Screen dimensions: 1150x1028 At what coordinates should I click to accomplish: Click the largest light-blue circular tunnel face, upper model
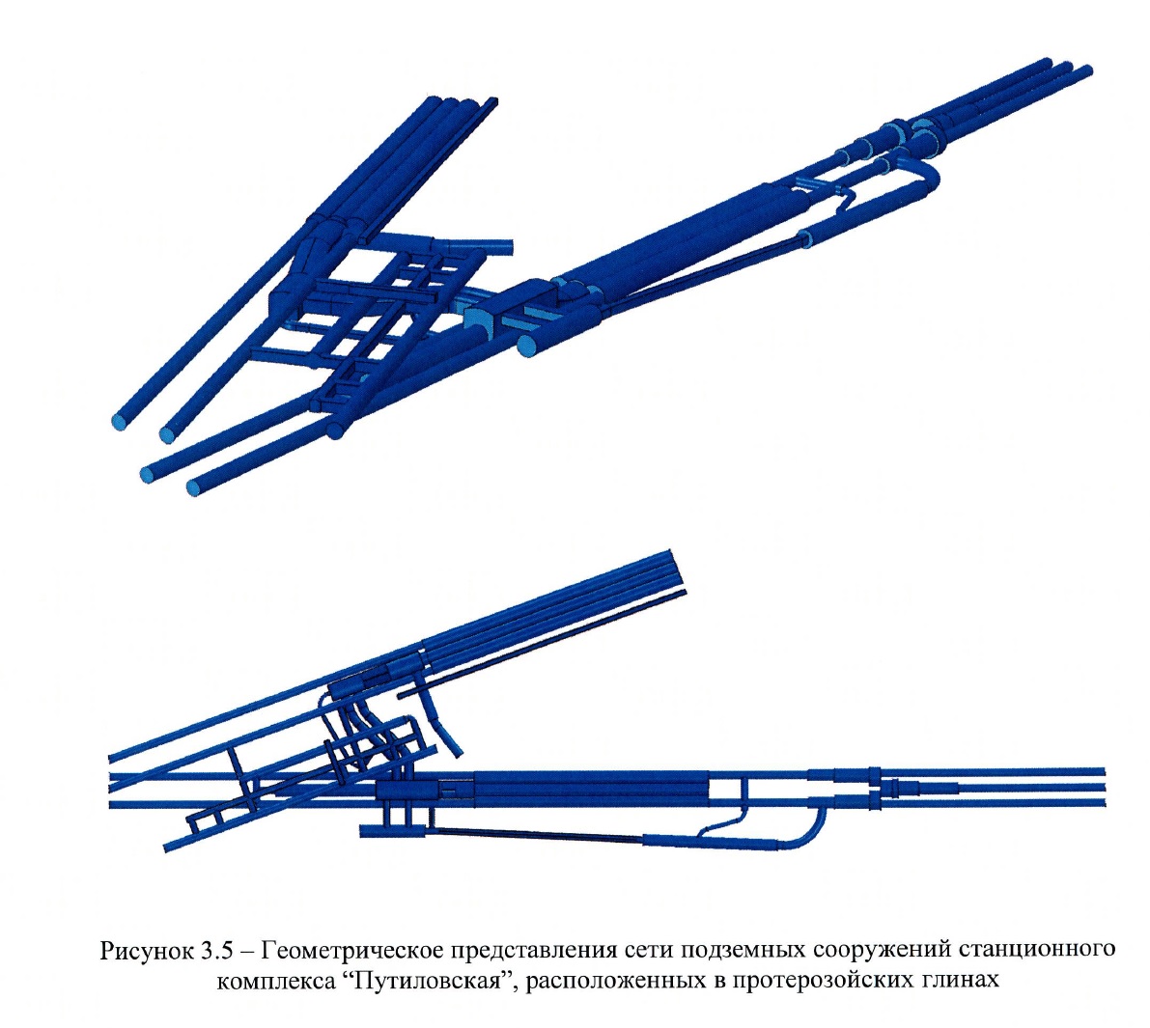point(527,347)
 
